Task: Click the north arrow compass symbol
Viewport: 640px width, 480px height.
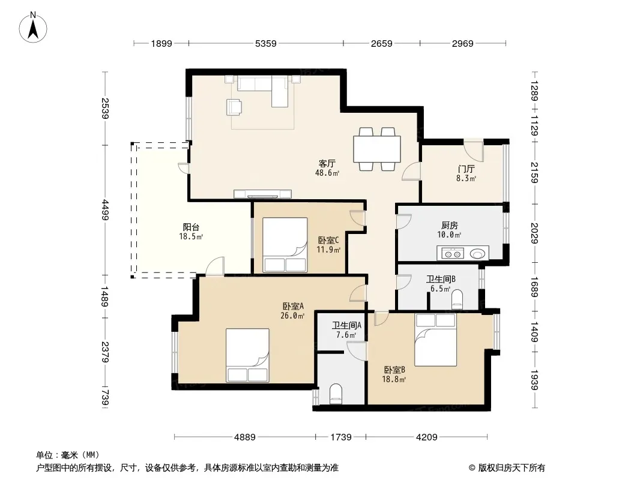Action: [x=33, y=28]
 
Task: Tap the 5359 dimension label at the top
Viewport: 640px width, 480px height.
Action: [x=266, y=43]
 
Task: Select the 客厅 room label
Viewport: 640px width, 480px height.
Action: [x=327, y=164]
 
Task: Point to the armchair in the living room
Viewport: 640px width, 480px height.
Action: [x=234, y=107]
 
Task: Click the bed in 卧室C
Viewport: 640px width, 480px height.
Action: [x=285, y=245]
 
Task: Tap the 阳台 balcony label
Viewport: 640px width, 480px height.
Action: [x=191, y=227]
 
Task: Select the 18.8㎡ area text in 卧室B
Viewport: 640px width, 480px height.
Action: [x=394, y=380]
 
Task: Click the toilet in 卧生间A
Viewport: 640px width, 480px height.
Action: [x=336, y=394]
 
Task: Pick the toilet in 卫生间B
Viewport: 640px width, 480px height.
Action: [x=457, y=299]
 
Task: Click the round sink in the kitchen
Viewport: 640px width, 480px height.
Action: [x=477, y=254]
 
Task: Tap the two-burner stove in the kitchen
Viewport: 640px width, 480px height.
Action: [x=452, y=254]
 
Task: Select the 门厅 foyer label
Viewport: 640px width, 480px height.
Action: [x=466, y=169]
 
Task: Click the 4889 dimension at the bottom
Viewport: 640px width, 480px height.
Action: [x=245, y=437]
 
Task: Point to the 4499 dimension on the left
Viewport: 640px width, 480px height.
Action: [x=105, y=209]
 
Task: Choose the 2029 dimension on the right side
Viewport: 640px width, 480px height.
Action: [x=535, y=233]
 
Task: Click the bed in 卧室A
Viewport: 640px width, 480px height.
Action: [x=247, y=355]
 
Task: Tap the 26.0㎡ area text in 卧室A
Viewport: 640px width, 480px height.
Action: [x=292, y=316]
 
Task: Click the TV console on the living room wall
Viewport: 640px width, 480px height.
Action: [x=262, y=194]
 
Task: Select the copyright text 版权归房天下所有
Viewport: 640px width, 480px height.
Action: [x=512, y=468]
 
